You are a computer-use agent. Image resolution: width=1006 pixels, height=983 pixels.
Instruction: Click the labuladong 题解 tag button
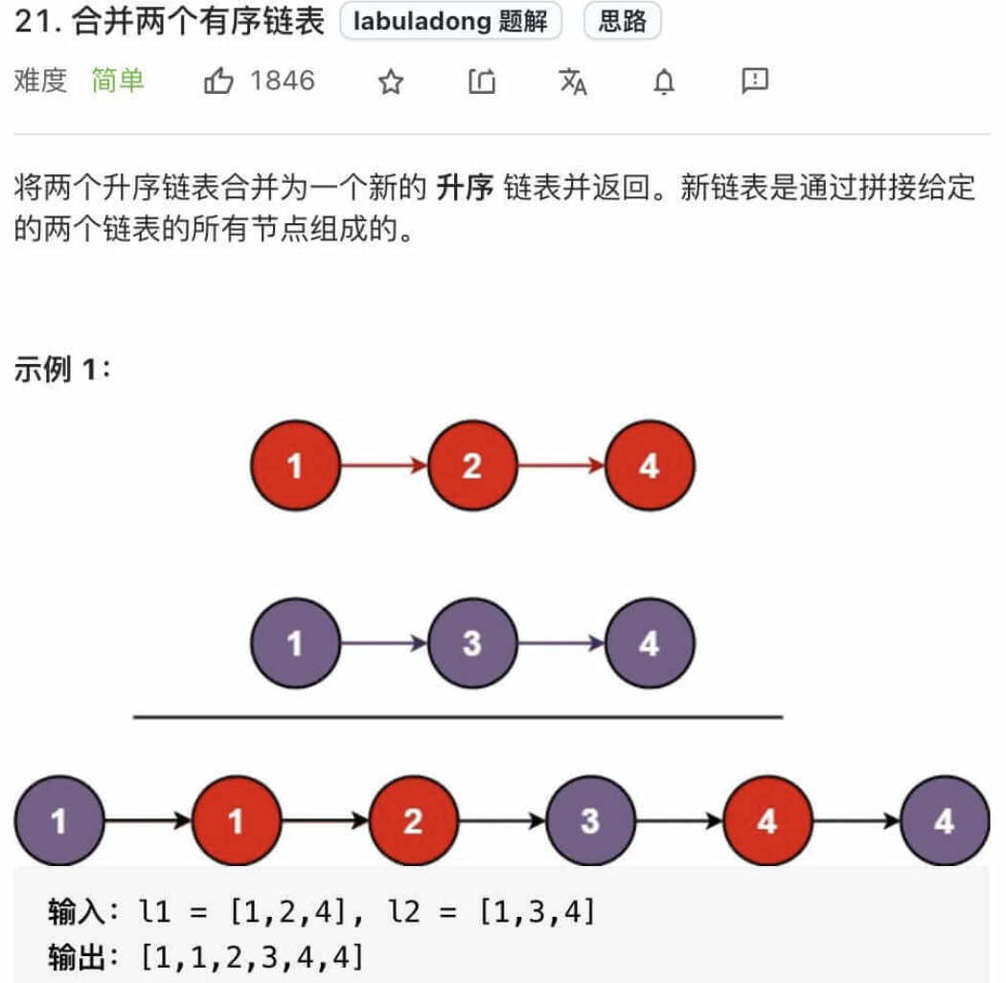[x=450, y=22]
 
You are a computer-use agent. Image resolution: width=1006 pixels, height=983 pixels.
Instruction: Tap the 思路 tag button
[x=622, y=22]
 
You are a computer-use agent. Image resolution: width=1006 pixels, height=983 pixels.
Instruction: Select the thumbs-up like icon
[x=218, y=82]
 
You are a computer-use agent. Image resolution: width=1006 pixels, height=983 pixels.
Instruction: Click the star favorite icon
[x=390, y=82]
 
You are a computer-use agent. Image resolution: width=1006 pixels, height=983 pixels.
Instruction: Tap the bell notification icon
[x=664, y=82]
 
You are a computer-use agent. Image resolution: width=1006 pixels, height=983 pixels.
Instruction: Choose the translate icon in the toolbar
[x=573, y=82]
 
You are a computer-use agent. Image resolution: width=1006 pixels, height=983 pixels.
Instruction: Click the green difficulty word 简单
[x=118, y=80]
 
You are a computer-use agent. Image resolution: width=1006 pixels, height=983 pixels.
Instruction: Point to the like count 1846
[x=283, y=80]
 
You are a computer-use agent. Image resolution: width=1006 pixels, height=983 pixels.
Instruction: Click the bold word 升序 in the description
[x=465, y=188]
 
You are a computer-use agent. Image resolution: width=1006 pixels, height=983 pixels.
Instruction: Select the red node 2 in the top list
[x=472, y=467]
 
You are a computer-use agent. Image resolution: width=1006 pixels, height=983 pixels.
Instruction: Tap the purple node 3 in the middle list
[x=472, y=643]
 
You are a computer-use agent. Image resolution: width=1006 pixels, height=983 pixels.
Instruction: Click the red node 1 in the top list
[x=295, y=467]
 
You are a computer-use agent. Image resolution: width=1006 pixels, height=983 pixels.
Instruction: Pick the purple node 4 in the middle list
[x=650, y=643]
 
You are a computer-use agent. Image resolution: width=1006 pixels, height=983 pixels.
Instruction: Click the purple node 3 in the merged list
[x=590, y=821]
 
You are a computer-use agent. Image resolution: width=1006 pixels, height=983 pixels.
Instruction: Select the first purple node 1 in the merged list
[x=58, y=821]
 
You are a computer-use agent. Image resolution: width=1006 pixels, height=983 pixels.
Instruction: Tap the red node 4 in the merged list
[x=767, y=821]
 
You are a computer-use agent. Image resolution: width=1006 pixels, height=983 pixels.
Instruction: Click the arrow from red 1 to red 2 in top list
[x=383, y=467]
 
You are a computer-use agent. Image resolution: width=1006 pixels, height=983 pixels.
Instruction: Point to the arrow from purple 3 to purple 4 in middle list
[x=561, y=643]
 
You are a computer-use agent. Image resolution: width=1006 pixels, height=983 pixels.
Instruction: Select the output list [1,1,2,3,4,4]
[x=252, y=955]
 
